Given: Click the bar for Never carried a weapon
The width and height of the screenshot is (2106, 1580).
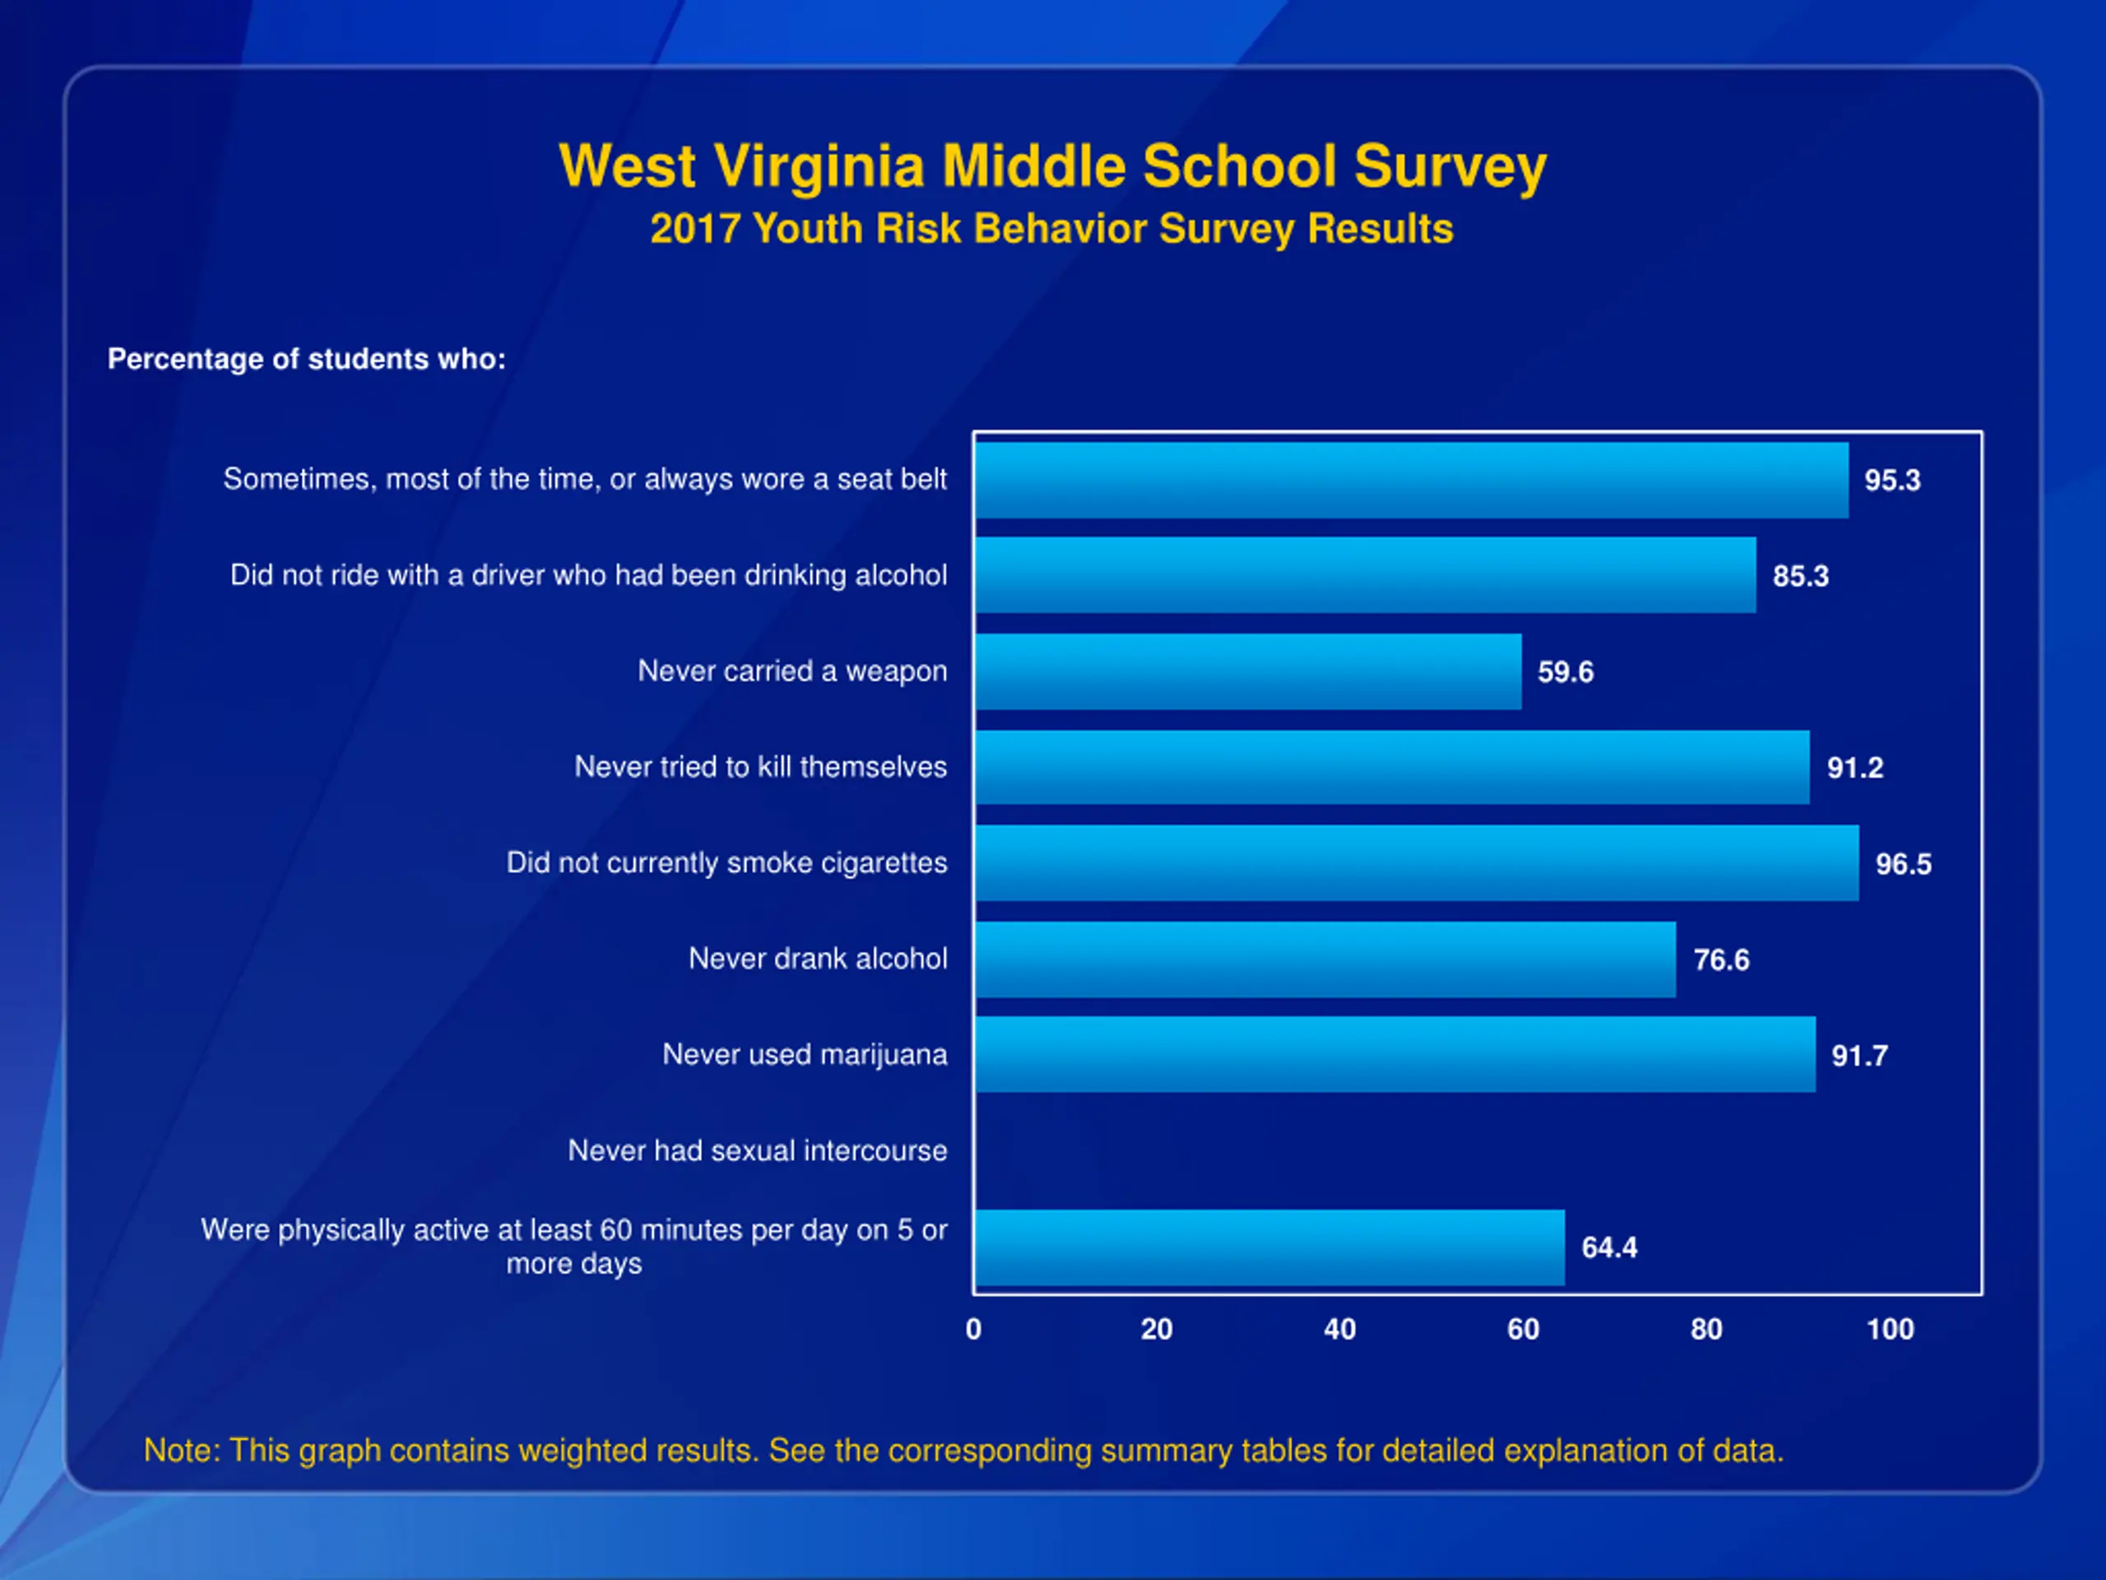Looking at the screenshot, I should (x=1248, y=671).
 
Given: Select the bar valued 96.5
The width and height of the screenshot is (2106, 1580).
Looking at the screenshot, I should (x=1417, y=863).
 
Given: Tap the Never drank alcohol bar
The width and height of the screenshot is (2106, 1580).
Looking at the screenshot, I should (x=1325, y=959).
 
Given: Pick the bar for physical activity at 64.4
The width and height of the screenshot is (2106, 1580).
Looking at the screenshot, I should (x=1270, y=1248).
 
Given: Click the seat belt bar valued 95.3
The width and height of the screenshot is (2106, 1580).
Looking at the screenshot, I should (x=1412, y=480).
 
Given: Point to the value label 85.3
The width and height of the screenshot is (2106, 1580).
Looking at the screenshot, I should (x=1800, y=576).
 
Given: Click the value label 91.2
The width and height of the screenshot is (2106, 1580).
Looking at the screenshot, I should (x=1854, y=768).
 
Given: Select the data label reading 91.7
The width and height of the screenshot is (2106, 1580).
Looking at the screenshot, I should (x=1859, y=1055).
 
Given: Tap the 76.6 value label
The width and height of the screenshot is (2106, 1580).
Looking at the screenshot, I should (x=1721, y=960).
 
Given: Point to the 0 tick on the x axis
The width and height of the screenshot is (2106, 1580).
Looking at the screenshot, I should (x=973, y=1330).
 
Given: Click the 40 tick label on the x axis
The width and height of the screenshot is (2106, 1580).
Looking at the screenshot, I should (x=1339, y=1330).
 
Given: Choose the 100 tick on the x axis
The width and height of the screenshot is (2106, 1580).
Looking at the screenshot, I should (x=1890, y=1330).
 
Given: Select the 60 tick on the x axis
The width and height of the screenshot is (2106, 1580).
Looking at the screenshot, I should (x=1524, y=1330).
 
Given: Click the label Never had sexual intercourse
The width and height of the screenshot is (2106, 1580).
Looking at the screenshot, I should (x=757, y=1150).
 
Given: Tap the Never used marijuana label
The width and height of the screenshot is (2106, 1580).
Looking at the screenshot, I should (x=805, y=1054).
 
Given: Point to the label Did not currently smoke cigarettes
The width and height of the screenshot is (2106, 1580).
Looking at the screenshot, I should (x=726, y=863).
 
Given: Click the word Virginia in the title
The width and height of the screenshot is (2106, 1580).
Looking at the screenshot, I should (x=819, y=167).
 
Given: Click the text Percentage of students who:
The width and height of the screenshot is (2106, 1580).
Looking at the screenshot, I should (x=307, y=359).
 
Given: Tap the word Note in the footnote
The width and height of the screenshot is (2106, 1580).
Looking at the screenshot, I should (x=181, y=1451).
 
